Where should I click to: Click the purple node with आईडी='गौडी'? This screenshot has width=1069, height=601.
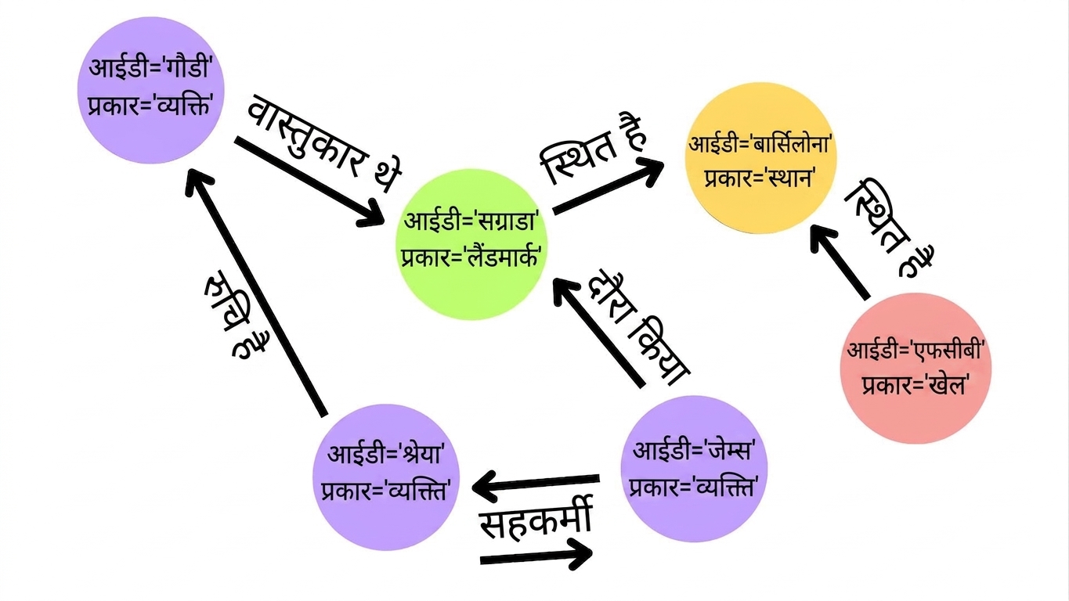(x=151, y=90)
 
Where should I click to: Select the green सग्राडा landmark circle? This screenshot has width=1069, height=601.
(x=471, y=244)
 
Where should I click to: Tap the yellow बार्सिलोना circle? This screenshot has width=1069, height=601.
(x=760, y=158)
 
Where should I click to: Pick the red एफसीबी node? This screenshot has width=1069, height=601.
(x=916, y=369)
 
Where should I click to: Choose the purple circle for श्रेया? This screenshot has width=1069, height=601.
(x=386, y=477)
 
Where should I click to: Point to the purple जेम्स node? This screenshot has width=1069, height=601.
(x=694, y=469)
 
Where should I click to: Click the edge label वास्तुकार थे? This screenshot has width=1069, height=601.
(x=324, y=143)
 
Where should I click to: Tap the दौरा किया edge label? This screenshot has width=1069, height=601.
(x=638, y=328)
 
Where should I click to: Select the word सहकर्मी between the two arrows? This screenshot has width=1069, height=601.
(x=536, y=519)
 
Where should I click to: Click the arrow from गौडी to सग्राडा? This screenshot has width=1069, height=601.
(x=309, y=182)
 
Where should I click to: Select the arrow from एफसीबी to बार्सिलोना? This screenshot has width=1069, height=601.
(x=839, y=262)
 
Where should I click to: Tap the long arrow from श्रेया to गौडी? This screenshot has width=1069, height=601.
(x=256, y=292)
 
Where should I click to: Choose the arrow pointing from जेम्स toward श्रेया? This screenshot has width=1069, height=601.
(x=536, y=484)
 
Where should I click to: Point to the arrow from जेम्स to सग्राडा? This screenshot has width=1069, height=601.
(x=599, y=333)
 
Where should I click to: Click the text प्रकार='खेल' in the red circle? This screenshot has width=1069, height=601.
(x=915, y=385)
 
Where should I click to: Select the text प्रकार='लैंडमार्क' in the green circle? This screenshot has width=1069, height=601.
(x=471, y=258)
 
